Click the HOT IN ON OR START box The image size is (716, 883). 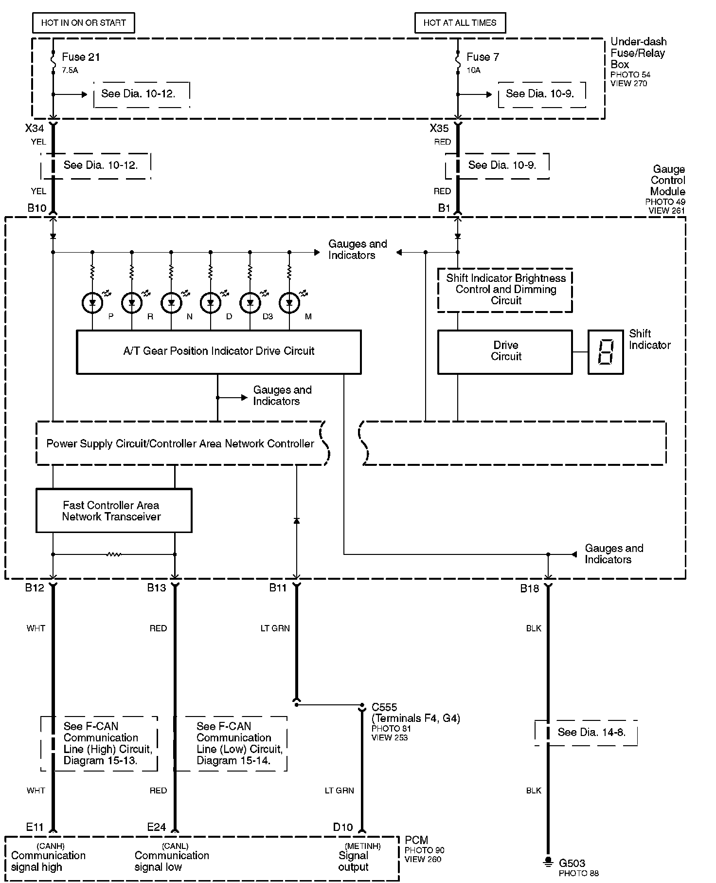(83, 23)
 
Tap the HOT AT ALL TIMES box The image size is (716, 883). (460, 23)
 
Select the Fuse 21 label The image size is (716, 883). (81, 57)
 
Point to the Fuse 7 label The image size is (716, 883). (483, 57)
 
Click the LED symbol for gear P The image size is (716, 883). (92, 303)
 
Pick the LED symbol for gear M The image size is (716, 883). (289, 303)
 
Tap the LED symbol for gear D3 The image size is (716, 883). (250, 303)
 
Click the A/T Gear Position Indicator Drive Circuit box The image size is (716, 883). (219, 351)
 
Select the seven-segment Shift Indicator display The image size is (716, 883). (606, 352)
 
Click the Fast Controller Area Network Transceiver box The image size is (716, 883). (114, 511)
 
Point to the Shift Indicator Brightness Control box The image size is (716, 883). (505, 290)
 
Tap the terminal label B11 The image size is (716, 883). (278, 588)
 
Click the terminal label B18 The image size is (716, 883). (530, 589)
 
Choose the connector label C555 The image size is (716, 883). (384, 707)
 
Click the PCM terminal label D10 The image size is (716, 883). (343, 827)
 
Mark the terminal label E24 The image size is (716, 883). (157, 827)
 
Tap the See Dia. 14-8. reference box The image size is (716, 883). (591, 732)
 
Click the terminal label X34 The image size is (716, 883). (35, 129)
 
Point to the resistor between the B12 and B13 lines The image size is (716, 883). (114, 554)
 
